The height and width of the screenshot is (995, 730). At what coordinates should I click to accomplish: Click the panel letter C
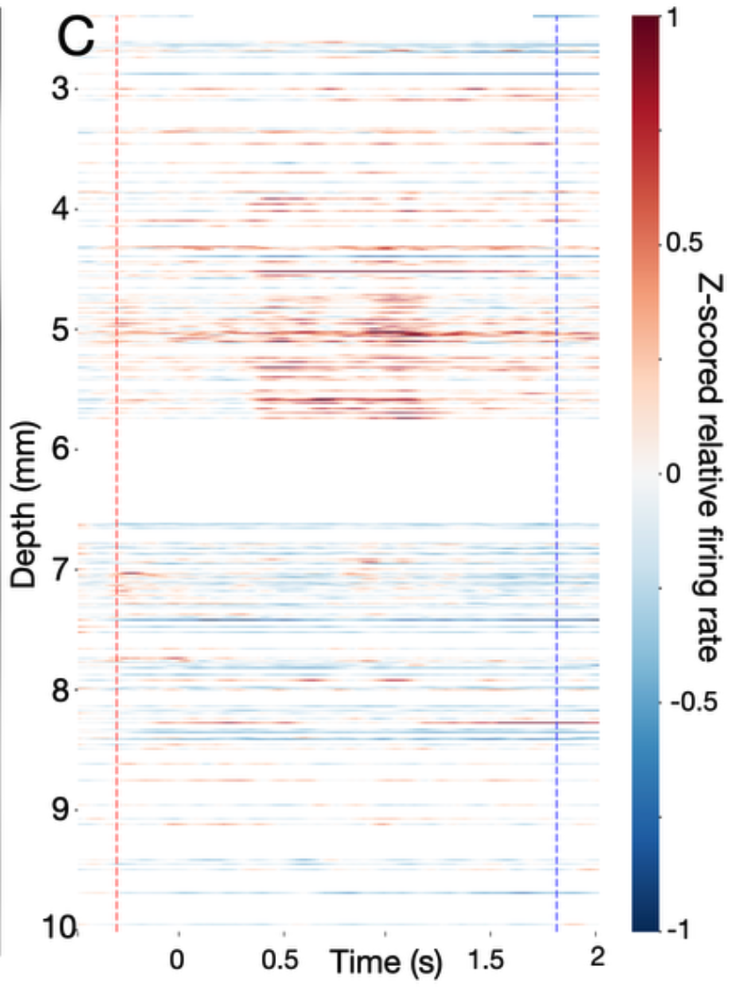pos(76,37)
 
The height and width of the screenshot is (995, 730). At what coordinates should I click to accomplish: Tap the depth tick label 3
pos(61,88)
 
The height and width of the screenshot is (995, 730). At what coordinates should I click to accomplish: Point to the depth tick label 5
pos(61,330)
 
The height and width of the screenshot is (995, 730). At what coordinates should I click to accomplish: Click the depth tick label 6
pos(61,449)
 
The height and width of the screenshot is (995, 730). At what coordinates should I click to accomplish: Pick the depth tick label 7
pos(61,569)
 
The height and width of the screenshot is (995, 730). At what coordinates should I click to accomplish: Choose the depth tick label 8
pos(61,690)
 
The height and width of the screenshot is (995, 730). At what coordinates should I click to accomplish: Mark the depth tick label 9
pos(61,810)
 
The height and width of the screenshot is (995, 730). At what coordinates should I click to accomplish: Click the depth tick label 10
pos(58,927)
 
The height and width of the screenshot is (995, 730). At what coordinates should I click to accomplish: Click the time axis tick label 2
pos(597,956)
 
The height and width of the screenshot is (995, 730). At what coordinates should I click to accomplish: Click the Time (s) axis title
pos(386,962)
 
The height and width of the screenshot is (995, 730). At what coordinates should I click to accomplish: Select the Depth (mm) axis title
pos(25,505)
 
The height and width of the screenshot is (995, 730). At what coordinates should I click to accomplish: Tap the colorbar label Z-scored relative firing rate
pos(708,468)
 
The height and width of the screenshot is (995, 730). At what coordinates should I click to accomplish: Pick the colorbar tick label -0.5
pos(694,702)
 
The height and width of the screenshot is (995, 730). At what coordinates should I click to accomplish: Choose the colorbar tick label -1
pos(679,930)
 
